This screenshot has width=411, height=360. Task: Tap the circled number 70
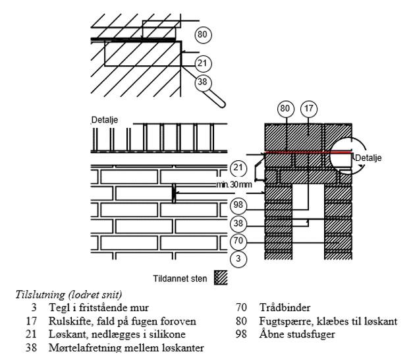tap(238, 241)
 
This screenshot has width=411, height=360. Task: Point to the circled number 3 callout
tap(238, 259)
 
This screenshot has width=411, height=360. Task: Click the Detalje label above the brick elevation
tap(104, 121)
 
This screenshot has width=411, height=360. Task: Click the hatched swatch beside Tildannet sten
tap(221, 279)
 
